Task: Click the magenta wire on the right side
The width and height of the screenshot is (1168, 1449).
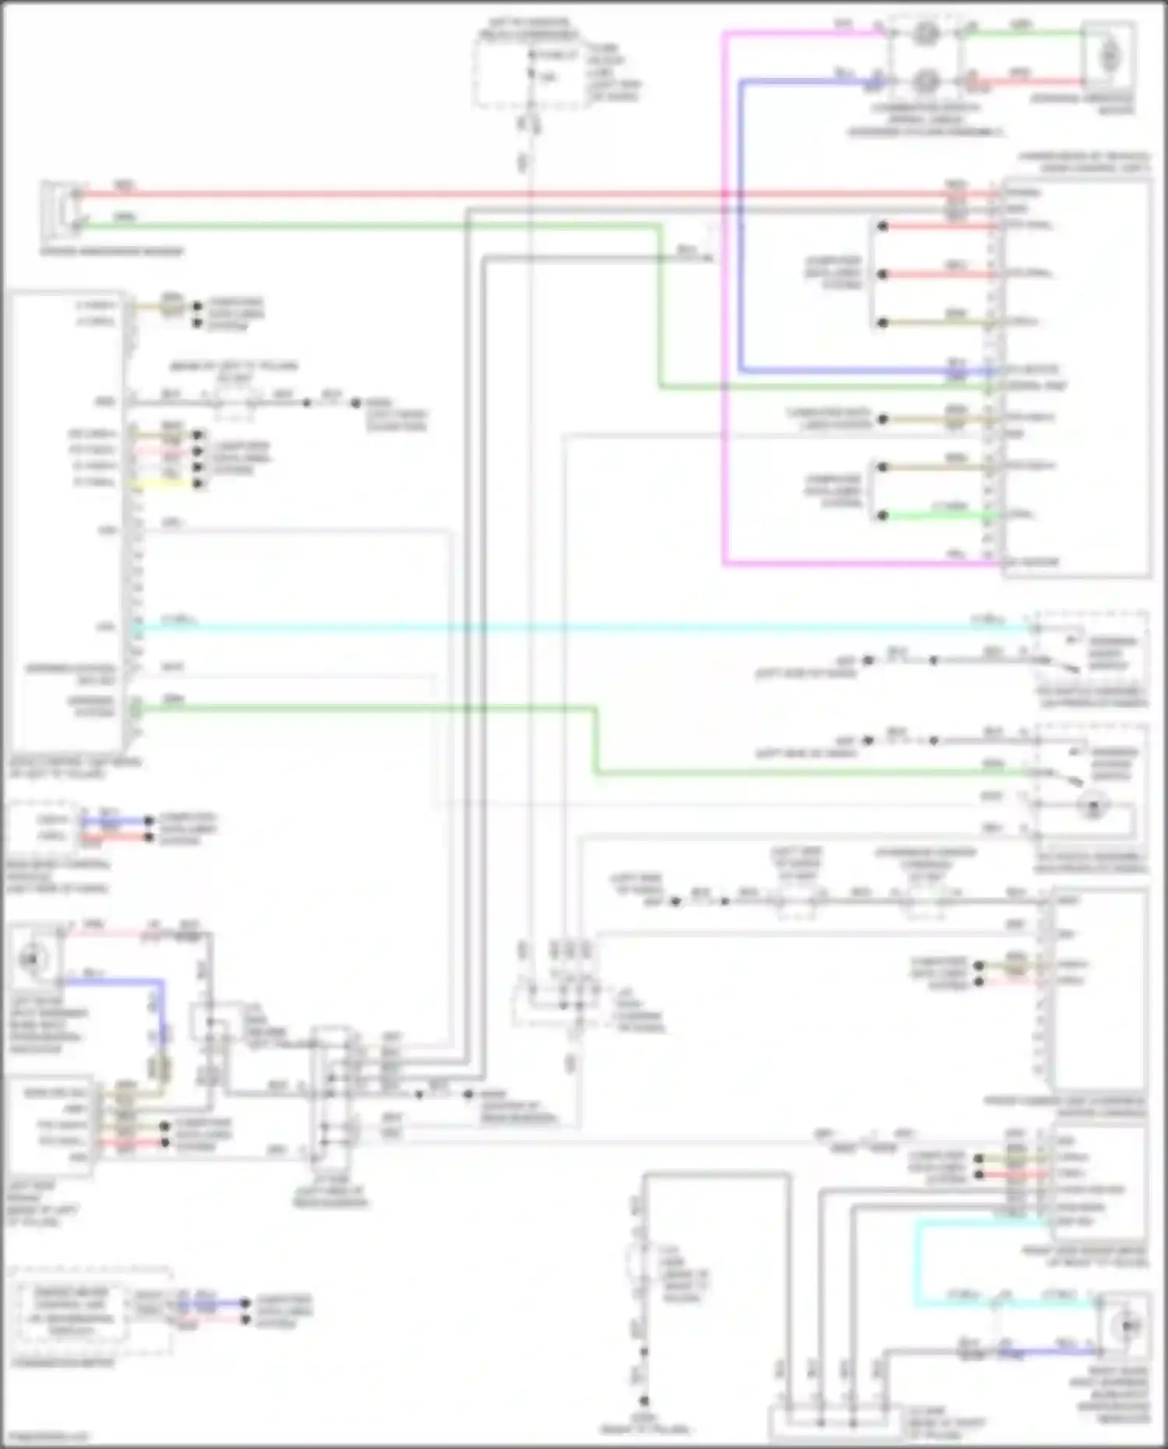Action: pyautogui.click(x=724, y=311)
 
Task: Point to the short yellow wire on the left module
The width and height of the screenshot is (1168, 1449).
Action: pyautogui.click(x=167, y=484)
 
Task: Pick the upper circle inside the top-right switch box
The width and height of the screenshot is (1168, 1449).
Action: pyautogui.click(x=924, y=33)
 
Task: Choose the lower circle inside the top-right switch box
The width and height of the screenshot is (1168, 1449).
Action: pyautogui.click(x=924, y=80)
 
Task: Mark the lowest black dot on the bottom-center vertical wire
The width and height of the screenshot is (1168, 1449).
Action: pyautogui.click(x=644, y=1401)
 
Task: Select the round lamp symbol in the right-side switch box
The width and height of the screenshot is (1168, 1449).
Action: pyautogui.click(x=1094, y=806)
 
